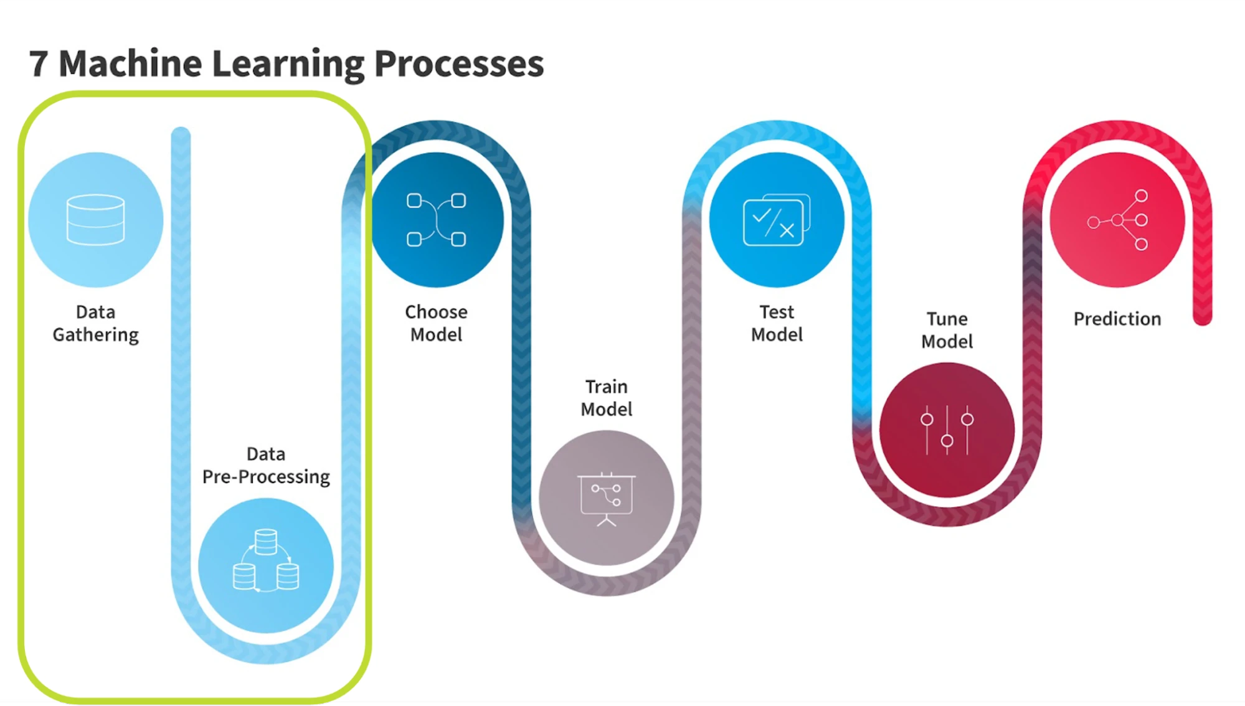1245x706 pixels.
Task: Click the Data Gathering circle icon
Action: pos(96,220)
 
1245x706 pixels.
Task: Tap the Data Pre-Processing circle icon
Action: pos(266,565)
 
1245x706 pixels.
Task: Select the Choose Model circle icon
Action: pos(437,220)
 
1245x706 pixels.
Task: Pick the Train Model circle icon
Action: pos(607,498)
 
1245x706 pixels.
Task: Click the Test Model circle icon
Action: pos(777,220)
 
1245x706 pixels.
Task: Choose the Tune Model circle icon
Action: pos(947,430)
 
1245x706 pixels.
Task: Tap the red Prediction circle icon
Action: pos(1117,220)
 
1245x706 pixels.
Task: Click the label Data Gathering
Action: pos(96,324)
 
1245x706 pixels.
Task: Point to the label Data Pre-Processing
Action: pos(266,466)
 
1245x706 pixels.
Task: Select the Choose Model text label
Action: pos(437,324)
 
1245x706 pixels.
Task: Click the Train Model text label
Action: pos(607,398)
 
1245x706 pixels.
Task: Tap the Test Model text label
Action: pos(777,324)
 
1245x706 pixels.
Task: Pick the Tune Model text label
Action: pos(947,331)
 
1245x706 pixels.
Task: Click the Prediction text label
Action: pos(1117,319)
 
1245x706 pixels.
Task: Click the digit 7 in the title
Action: pos(39,64)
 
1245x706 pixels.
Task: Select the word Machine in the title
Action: pos(130,64)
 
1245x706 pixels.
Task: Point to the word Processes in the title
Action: pos(459,64)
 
